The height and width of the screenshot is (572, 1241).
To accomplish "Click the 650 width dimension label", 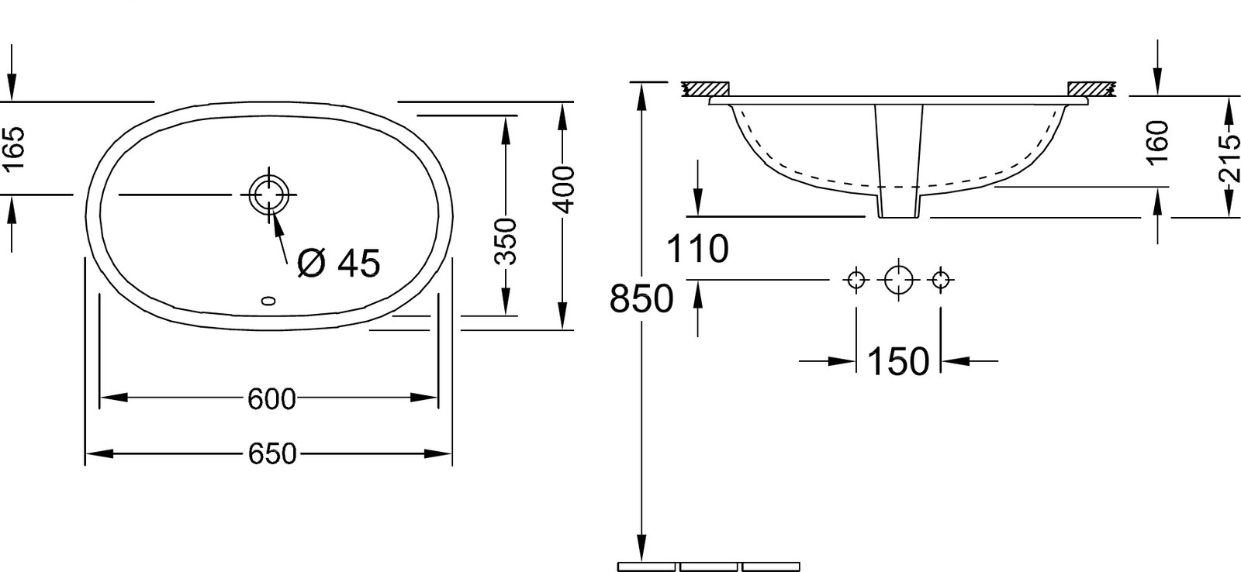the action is (x=272, y=454).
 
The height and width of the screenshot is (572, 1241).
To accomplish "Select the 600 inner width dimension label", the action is (x=271, y=398).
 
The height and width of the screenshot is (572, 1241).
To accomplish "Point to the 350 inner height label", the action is (x=505, y=241).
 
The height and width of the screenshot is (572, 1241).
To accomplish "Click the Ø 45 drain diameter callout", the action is (x=338, y=263).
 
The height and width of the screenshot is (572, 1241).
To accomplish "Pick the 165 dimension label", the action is (x=14, y=149).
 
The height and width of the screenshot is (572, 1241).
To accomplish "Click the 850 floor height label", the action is (x=641, y=299).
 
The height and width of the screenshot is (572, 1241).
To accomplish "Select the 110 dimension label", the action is (x=697, y=249).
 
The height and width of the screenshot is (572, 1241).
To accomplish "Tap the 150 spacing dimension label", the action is (x=897, y=362).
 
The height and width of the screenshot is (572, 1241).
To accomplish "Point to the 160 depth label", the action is (x=1158, y=143).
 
